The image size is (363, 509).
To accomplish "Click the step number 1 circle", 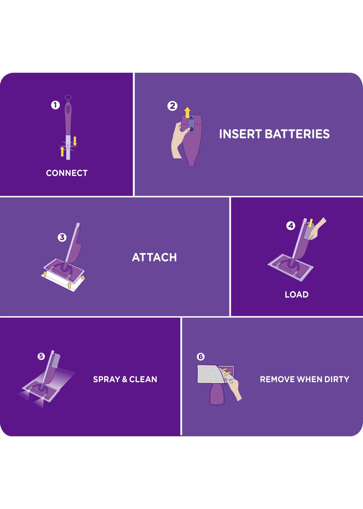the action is pyautogui.click(x=55, y=105).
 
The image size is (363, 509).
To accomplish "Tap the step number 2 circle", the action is pyautogui.click(x=172, y=106).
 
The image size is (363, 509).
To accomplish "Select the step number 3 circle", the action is pyautogui.click(x=62, y=238).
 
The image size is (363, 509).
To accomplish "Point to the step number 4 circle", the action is pyautogui.click(x=291, y=226).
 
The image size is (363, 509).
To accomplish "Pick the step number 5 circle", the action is pyautogui.click(x=41, y=356).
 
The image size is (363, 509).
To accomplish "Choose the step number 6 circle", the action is pyautogui.click(x=200, y=357).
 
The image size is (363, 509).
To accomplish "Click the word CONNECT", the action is pyautogui.click(x=67, y=173).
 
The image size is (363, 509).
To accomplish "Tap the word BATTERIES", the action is pyautogui.click(x=297, y=134).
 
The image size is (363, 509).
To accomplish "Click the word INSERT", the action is pyautogui.click(x=240, y=134).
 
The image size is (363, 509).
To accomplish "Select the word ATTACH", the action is pyautogui.click(x=154, y=257).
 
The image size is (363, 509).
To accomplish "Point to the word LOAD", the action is pyautogui.click(x=297, y=294).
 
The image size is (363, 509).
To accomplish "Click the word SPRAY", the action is pyautogui.click(x=106, y=379).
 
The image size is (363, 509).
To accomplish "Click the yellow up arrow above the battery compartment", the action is pyautogui.click(x=187, y=113).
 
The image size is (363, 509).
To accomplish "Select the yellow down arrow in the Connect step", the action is pyautogui.click(x=75, y=141).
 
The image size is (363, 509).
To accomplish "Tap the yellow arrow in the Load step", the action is pyautogui.click(x=311, y=223).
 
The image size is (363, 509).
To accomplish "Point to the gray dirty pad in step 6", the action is pyautogui.click(x=210, y=374).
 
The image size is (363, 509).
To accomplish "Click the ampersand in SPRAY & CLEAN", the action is pyautogui.click(x=125, y=379).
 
